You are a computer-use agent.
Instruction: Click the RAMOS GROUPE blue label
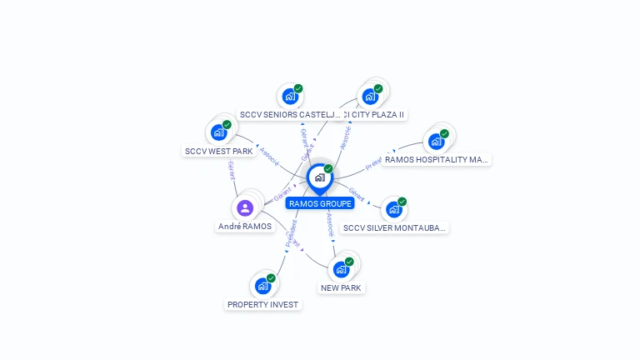(320, 203)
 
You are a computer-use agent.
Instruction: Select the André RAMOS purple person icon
(245, 208)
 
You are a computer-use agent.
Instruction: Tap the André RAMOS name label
(245, 226)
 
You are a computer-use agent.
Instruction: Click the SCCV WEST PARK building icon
(218, 132)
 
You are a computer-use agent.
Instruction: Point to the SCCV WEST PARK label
(218, 151)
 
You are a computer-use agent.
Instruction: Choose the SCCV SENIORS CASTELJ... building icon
(290, 97)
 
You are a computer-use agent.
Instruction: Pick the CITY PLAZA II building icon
(370, 97)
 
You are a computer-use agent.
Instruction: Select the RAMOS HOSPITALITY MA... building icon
(436, 142)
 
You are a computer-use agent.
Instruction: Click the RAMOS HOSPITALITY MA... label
(437, 159)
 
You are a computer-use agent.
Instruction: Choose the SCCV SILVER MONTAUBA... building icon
(394, 209)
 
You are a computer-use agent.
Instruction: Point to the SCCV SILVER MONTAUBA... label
(395, 227)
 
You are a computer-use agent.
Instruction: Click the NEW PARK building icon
(341, 269)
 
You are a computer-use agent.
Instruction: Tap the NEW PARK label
(341, 287)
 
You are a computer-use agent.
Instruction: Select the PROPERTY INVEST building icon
(262, 286)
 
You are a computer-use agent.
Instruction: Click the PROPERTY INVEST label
(262, 304)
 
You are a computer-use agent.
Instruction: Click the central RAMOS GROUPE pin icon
(319, 177)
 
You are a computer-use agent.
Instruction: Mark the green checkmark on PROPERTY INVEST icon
(271, 278)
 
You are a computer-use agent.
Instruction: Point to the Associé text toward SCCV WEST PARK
(269, 156)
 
